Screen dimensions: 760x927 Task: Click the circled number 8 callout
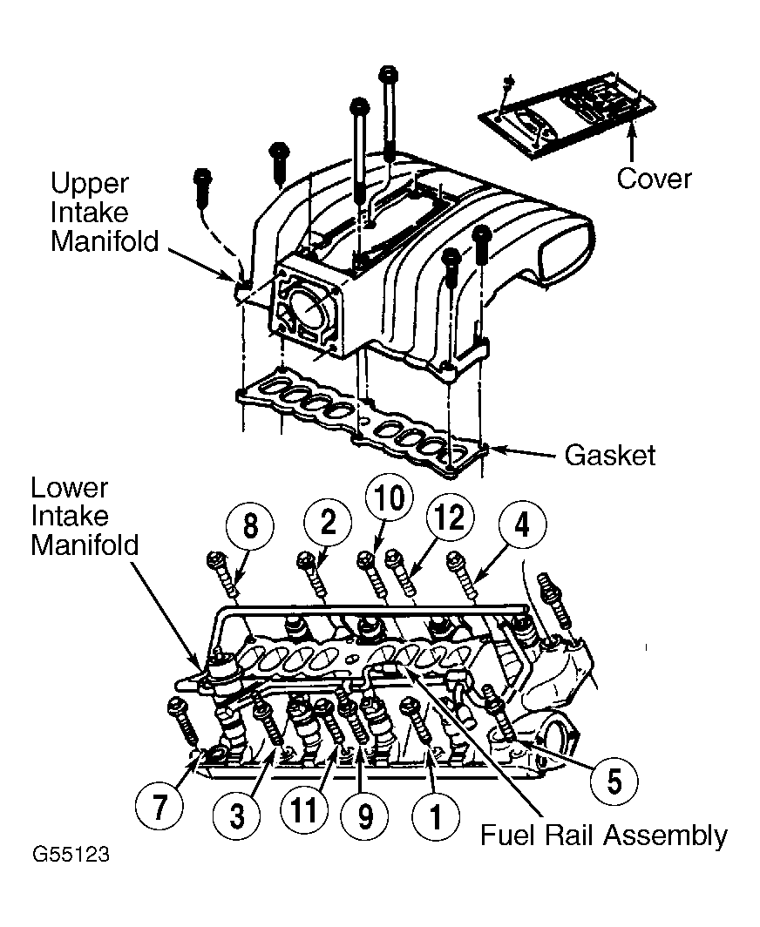point(250,525)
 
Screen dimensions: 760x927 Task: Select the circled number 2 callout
point(328,522)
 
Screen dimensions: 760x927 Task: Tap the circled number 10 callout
point(390,497)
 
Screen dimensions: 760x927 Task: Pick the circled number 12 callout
point(450,518)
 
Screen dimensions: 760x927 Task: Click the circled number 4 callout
point(522,524)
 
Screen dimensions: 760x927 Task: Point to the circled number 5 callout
point(614,782)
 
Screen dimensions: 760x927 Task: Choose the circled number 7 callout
point(159,808)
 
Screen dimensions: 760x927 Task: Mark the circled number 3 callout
point(236,816)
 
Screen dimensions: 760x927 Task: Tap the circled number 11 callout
point(304,810)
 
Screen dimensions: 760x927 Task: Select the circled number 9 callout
point(365,816)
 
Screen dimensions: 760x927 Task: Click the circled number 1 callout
point(435,816)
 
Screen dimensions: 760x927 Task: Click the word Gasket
point(610,455)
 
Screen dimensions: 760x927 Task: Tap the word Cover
point(654,178)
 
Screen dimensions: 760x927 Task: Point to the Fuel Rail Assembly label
point(604,836)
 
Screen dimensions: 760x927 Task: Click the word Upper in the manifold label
point(89,184)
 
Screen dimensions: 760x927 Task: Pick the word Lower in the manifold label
point(69,488)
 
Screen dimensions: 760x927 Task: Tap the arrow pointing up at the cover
point(632,139)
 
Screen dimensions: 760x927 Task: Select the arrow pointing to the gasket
point(524,452)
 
